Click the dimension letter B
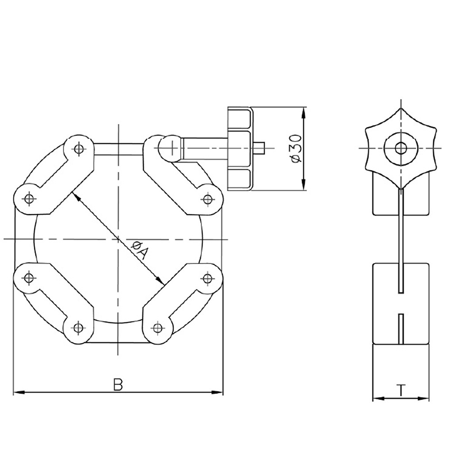click(x=118, y=385)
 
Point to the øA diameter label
click(x=140, y=250)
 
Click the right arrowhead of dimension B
click(x=217, y=392)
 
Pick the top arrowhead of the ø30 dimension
click(x=303, y=113)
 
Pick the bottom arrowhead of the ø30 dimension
click(x=303, y=184)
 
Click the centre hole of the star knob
click(x=400, y=148)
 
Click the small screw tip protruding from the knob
click(x=260, y=148)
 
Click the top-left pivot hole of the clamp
click(x=78, y=149)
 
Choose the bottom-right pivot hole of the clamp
click(x=157, y=327)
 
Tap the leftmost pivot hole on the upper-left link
click(x=29, y=198)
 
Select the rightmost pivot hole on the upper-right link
click(x=207, y=199)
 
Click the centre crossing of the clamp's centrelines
click(x=118, y=239)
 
